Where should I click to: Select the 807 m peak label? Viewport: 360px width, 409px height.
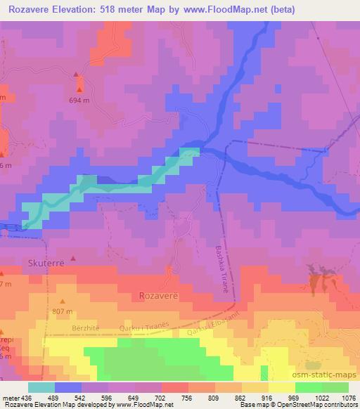tap(63, 311)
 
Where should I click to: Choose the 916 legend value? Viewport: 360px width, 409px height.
tap(257, 398)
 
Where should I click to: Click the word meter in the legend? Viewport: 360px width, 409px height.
tap(10, 398)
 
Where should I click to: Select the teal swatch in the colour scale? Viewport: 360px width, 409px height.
tap(41, 388)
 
